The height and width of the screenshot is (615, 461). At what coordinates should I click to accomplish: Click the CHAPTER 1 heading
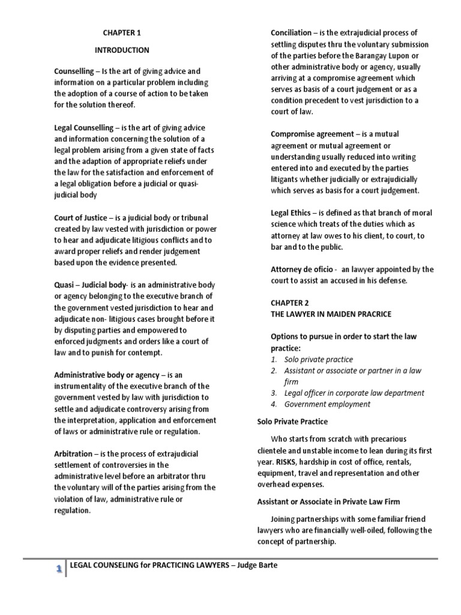click(x=122, y=33)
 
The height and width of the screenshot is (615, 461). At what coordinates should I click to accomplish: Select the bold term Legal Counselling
click(x=83, y=128)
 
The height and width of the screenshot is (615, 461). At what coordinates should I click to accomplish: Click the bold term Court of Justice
click(x=80, y=218)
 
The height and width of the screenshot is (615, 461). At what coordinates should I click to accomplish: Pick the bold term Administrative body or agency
click(x=107, y=375)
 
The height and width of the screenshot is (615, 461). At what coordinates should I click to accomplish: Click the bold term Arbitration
click(x=73, y=453)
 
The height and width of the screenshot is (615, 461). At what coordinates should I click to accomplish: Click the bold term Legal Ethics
click(x=291, y=213)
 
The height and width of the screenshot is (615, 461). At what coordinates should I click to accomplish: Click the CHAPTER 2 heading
click(x=289, y=303)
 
